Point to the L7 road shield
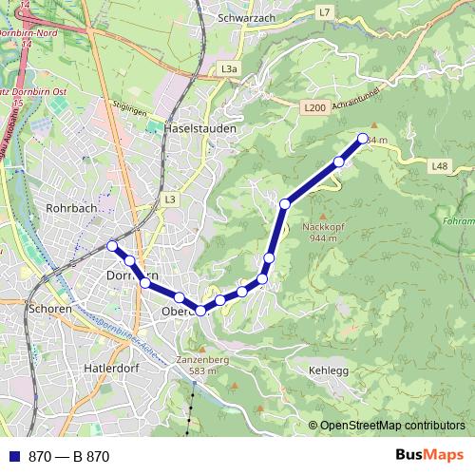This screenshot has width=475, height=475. point(325,12)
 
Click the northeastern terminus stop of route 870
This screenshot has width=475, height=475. point(362,140)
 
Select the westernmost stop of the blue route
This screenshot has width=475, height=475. point(112,246)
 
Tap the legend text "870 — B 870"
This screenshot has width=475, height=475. point(68,457)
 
